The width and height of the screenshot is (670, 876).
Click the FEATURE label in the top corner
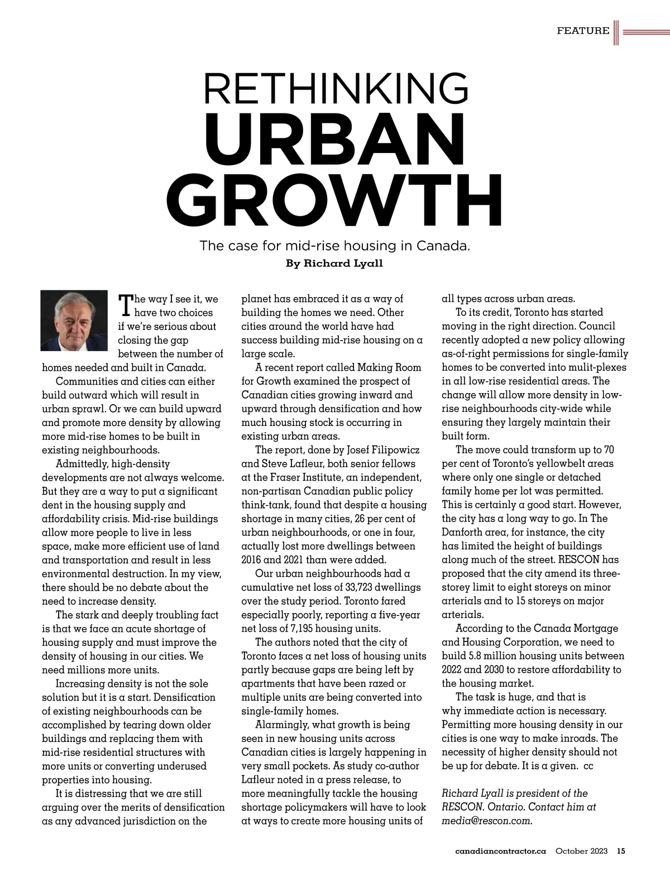(583, 31)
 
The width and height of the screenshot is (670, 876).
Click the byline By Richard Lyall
(334, 264)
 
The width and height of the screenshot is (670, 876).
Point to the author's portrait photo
(74, 320)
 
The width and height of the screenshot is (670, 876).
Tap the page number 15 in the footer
(621, 851)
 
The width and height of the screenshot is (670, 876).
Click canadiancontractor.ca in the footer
(500, 851)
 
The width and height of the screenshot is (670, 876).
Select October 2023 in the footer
(581, 851)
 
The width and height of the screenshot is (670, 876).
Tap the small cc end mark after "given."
(588, 766)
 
